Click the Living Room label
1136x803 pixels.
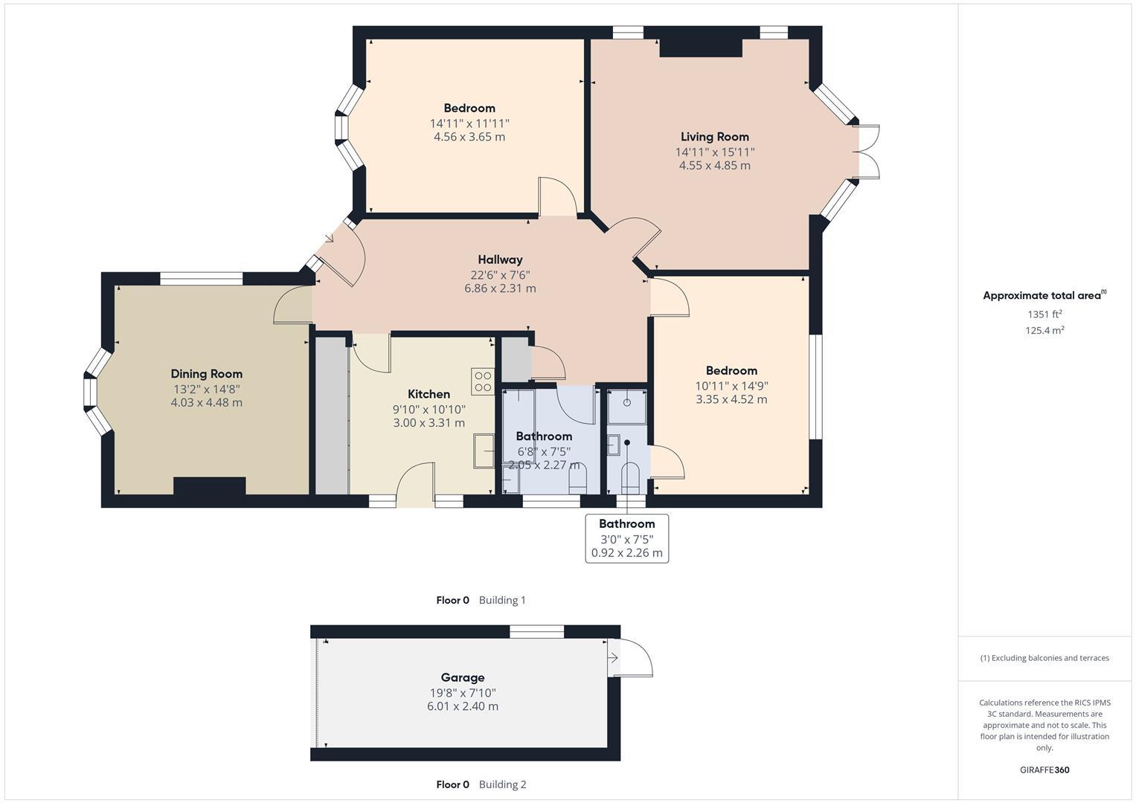click(714, 137)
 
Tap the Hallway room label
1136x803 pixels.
click(500, 259)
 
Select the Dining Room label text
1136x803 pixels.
click(206, 374)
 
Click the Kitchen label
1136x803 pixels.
click(429, 394)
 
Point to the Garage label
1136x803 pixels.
click(462, 677)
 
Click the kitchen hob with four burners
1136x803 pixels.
click(483, 381)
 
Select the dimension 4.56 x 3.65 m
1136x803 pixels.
click(469, 137)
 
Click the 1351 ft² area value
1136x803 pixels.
click(1044, 314)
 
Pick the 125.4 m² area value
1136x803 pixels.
click(1044, 331)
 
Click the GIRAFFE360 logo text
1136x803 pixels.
click(1044, 770)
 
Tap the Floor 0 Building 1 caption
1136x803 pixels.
click(481, 600)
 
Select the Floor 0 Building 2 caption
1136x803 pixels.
click(481, 784)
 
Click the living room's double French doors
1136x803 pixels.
click(867, 152)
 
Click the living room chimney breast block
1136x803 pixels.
click(701, 48)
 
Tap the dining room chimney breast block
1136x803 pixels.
click(209, 486)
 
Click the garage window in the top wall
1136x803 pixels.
click(536, 632)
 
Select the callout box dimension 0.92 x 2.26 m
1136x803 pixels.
click(626, 553)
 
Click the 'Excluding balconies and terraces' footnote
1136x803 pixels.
click(1044, 658)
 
